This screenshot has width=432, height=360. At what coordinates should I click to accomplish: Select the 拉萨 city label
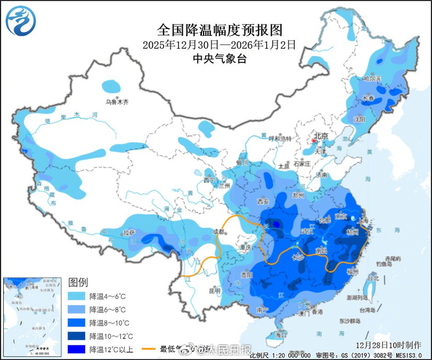pyautogui.click(x=128, y=233)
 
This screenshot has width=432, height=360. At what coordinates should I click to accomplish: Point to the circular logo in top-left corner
pyautogui.click(x=21, y=20)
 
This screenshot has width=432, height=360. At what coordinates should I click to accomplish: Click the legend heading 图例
pyautogui.click(x=78, y=282)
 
